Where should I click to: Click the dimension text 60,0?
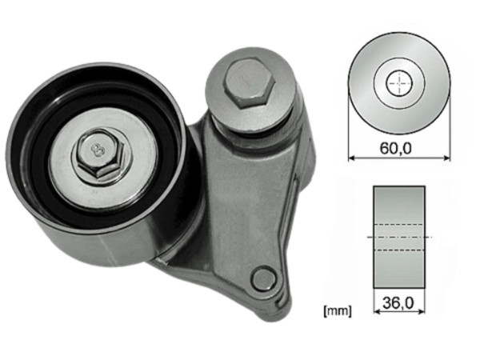coord(398,147)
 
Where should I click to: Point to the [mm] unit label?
coord(336,307)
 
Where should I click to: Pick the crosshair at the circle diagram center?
coord(398,82)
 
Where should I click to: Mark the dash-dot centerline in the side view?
coord(398,238)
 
